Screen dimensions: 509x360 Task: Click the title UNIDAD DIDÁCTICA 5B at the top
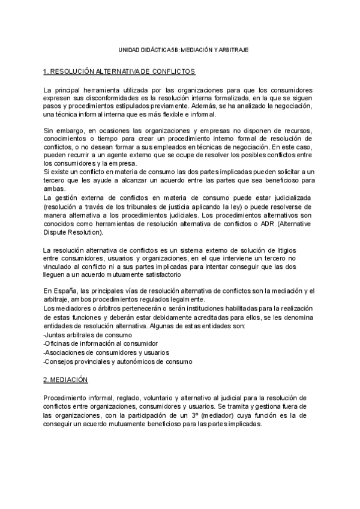point(180,51)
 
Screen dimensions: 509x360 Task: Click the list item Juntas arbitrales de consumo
point(88,334)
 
